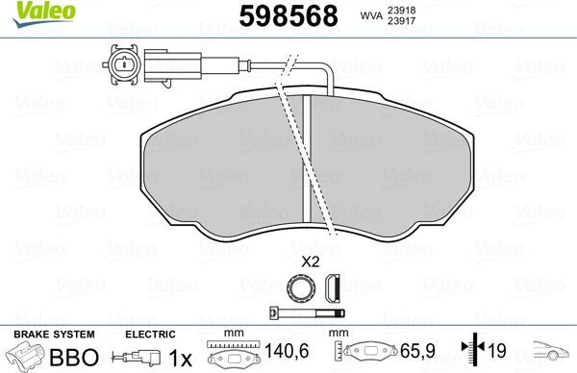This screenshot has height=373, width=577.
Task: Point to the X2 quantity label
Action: [x=311, y=261]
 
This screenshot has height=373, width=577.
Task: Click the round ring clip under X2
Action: [x=300, y=286]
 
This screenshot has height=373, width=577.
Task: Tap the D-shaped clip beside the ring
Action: [x=334, y=286]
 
